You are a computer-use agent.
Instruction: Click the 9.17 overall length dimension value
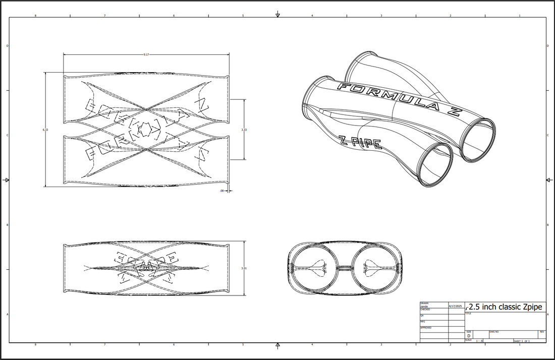[146, 54]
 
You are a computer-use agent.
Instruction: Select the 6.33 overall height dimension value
[46, 130]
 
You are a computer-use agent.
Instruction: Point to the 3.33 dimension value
[244, 130]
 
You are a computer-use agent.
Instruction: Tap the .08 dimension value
[222, 191]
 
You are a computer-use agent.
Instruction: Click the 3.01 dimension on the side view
[244, 269]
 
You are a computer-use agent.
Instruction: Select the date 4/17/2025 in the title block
[456, 306]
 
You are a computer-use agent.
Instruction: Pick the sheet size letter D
[469, 335]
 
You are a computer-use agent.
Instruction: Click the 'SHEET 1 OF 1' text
[522, 341]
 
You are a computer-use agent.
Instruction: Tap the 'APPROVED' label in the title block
[426, 327]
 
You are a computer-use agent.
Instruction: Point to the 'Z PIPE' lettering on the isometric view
[361, 143]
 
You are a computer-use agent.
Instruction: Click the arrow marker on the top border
[277, 15]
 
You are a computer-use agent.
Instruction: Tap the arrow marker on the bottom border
[277, 345]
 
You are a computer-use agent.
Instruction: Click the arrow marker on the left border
[6, 180]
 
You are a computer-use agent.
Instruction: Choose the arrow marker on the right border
[549, 180]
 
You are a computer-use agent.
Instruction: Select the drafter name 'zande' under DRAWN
[424, 306]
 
